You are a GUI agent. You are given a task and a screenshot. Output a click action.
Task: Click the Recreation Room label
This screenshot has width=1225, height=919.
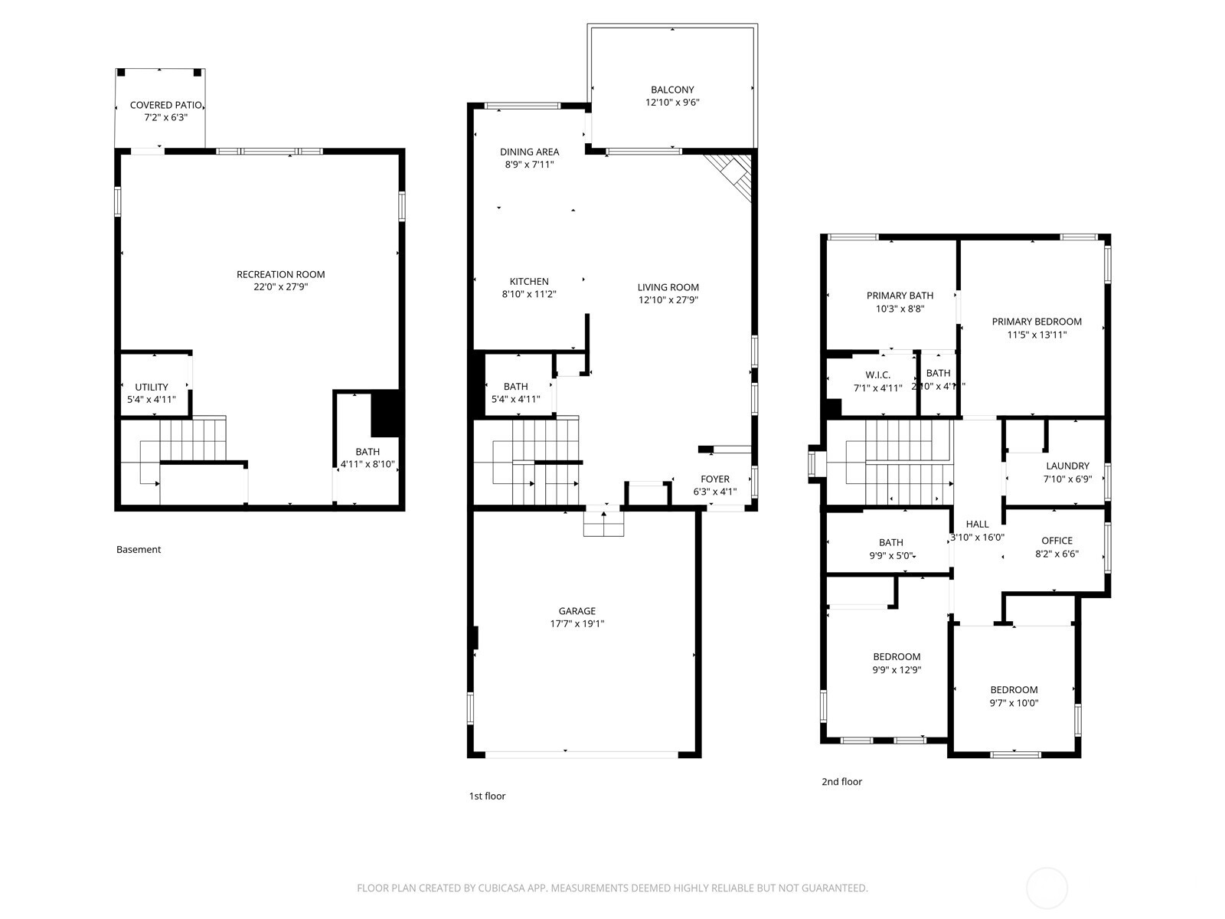(x=280, y=274)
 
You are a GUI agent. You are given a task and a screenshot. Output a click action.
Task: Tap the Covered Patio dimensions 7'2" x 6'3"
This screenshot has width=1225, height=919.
(x=165, y=118)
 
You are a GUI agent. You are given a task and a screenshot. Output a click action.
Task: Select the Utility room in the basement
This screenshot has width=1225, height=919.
(x=152, y=388)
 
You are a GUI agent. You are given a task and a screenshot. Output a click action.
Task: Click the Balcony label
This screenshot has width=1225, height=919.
(x=672, y=90)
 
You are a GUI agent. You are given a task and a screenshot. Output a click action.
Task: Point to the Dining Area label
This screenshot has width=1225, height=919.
(x=529, y=152)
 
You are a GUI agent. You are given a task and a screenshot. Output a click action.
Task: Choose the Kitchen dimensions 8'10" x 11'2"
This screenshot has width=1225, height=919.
(x=528, y=294)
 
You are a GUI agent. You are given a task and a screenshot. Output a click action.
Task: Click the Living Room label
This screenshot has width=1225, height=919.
(x=668, y=287)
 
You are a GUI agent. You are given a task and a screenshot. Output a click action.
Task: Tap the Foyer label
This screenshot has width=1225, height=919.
(x=715, y=479)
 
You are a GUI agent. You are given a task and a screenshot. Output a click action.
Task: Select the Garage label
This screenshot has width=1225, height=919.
(x=577, y=611)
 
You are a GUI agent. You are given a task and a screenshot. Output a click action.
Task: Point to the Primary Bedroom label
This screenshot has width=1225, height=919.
(x=1036, y=322)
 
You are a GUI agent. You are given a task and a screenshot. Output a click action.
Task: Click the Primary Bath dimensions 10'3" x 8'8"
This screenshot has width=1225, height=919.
(x=900, y=309)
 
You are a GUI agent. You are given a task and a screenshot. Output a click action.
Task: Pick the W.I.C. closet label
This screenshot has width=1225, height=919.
(x=877, y=374)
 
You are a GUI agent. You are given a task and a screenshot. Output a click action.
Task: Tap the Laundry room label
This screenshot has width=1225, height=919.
(x=1067, y=466)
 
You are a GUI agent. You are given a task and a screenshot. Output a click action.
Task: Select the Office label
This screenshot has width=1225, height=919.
(x=1057, y=541)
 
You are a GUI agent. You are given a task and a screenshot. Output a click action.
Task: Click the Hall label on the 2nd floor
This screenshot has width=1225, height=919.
(x=977, y=524)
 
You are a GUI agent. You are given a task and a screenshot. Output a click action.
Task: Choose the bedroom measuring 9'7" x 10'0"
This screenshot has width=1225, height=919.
(x=1014, y=695)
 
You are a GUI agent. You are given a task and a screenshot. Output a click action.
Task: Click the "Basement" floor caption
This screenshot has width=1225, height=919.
(x=139, y=549)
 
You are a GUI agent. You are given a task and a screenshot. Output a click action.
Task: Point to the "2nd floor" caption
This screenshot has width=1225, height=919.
(x=841, y=782)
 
